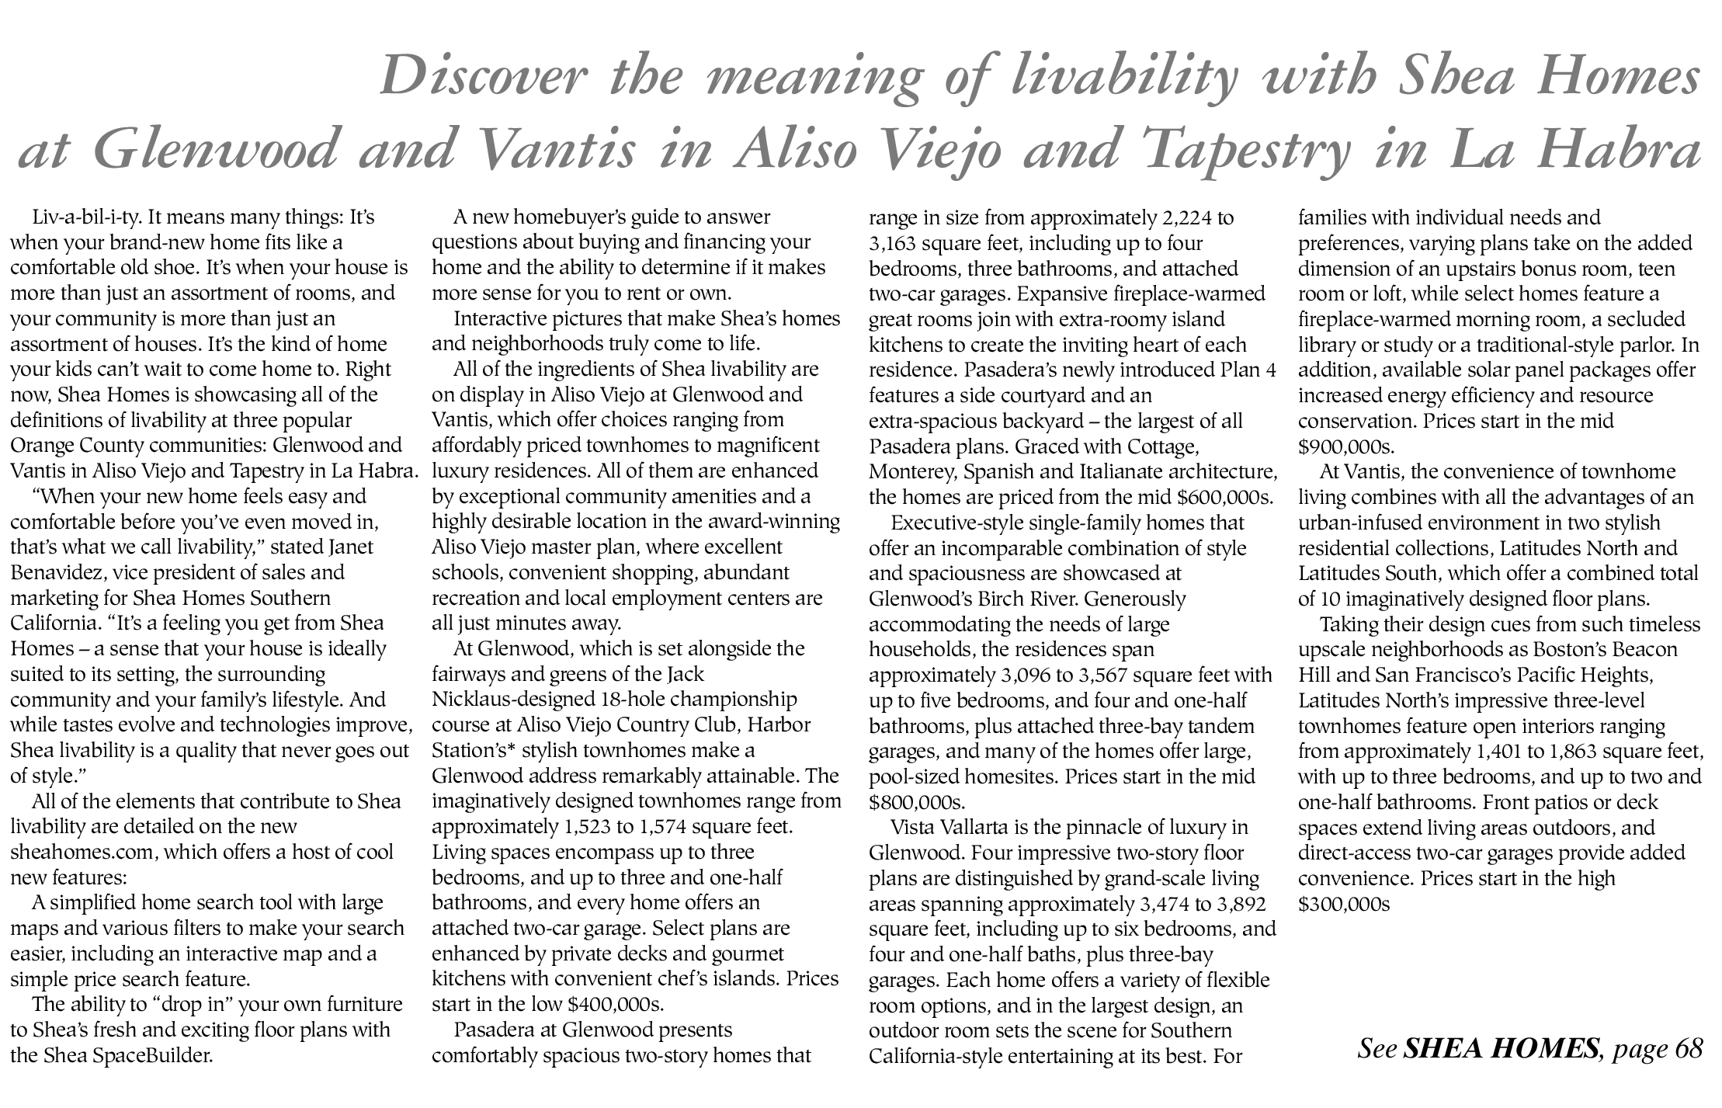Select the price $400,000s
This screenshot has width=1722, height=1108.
tap(616, 1004)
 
